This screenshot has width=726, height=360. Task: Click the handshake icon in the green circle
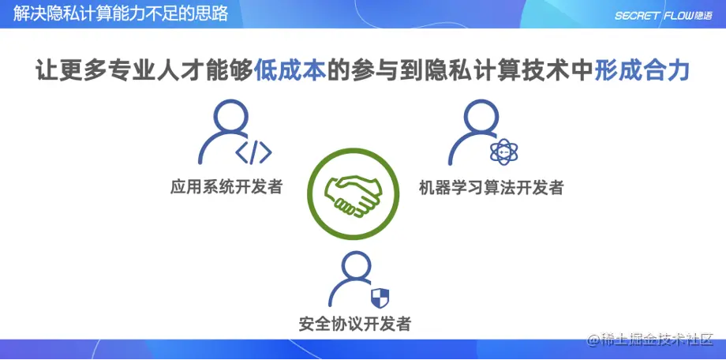353,194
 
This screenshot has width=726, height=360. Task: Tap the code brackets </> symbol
254,151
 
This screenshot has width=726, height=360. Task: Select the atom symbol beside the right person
501,151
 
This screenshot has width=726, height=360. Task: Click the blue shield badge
380,298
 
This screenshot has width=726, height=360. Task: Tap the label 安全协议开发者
355,324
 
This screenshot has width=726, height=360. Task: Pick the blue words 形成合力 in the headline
642,71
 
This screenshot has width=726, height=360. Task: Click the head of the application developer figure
230,119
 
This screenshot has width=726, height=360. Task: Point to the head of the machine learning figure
480,118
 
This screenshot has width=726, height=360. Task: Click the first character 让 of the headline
47,71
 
